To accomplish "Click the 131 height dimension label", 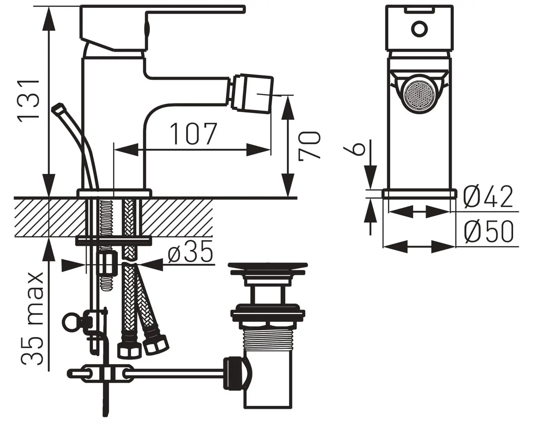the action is point(28,101).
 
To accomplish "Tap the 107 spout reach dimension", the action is point(194,134).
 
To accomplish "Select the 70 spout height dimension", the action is point(309,146).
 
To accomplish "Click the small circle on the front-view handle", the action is point(420,29).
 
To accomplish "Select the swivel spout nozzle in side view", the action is point(252,94).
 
